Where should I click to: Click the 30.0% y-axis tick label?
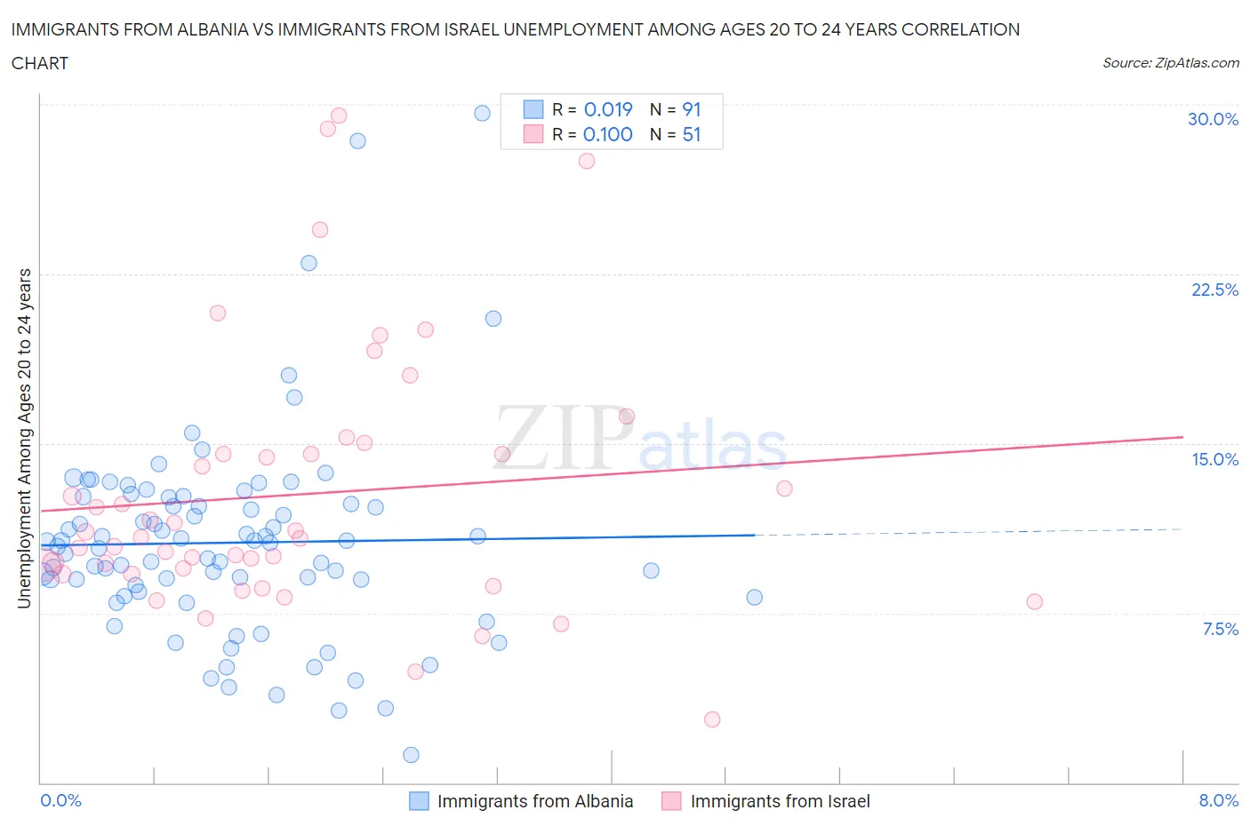click(1213, 119)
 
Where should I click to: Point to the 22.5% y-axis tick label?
click(1214, 290)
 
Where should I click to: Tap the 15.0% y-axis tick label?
click(1214, 459)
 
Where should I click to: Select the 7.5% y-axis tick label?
click(1220, 629)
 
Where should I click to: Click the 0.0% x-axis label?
click(60, 800)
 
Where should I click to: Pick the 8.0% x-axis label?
click(1218, 800)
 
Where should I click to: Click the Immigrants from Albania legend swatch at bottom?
click(419, 801)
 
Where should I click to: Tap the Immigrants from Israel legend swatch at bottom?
click(671, 801)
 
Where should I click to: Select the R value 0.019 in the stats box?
click(608, 109)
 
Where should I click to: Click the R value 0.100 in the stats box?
click(608, 134)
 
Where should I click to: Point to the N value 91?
click(692, 109)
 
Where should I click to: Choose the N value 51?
click(692, 134)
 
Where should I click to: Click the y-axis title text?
click(24, 438)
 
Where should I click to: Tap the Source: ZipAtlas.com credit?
click(1170, 62)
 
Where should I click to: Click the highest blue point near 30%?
click(482, 113)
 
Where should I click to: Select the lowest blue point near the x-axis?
click(411, 755)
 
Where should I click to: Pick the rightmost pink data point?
click(1034, 601)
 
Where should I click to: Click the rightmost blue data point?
click(754, 597)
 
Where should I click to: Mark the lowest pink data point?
click(712, 719)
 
